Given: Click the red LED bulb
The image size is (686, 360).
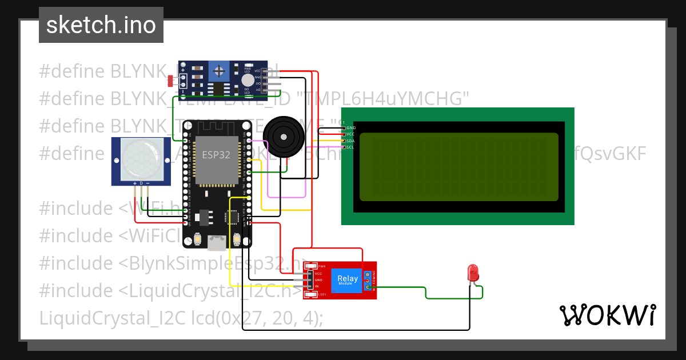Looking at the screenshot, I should coord(473,272).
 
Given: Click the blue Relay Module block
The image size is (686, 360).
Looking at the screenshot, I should coord(347,279).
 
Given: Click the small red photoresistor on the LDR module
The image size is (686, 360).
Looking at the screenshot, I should coord(171,81).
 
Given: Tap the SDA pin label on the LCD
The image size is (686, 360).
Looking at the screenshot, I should coord(351,140).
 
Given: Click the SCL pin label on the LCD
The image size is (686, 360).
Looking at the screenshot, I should coord(350,146).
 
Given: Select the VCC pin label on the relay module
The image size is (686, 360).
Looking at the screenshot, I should coord(318,274).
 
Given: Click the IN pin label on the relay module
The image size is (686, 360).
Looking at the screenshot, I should coord(317,286).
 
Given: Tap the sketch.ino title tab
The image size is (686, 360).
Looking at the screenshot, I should coord(101,25).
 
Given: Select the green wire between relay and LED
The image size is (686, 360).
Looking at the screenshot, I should coord(425,291).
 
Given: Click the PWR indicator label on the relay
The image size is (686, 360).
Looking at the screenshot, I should coord(321,266).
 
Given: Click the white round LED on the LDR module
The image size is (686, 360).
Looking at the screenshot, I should coord(248,81).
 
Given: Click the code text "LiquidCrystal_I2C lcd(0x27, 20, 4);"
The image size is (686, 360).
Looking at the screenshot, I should coord(181,318).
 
